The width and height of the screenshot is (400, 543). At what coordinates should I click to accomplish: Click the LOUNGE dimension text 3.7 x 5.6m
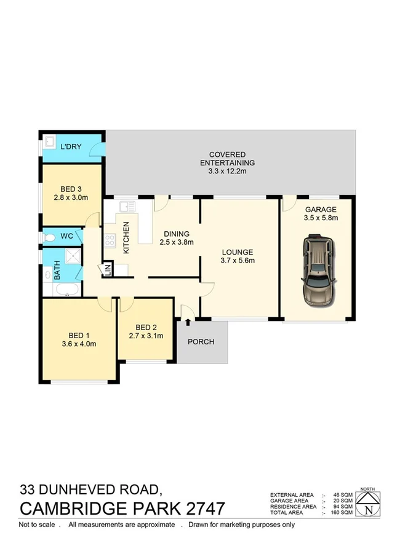(237, 260)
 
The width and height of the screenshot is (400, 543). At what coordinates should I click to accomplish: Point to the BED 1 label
(78, 335)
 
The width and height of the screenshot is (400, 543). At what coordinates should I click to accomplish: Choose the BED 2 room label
(146, 327)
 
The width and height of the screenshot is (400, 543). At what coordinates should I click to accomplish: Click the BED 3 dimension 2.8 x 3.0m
(71, 197)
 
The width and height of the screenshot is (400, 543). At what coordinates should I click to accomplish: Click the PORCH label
(201, 341)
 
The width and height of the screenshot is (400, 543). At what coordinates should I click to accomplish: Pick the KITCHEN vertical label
(127, 238)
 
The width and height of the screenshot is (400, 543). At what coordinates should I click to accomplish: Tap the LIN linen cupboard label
(108, 269)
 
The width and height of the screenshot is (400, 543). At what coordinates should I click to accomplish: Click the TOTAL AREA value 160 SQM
(343, 512)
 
